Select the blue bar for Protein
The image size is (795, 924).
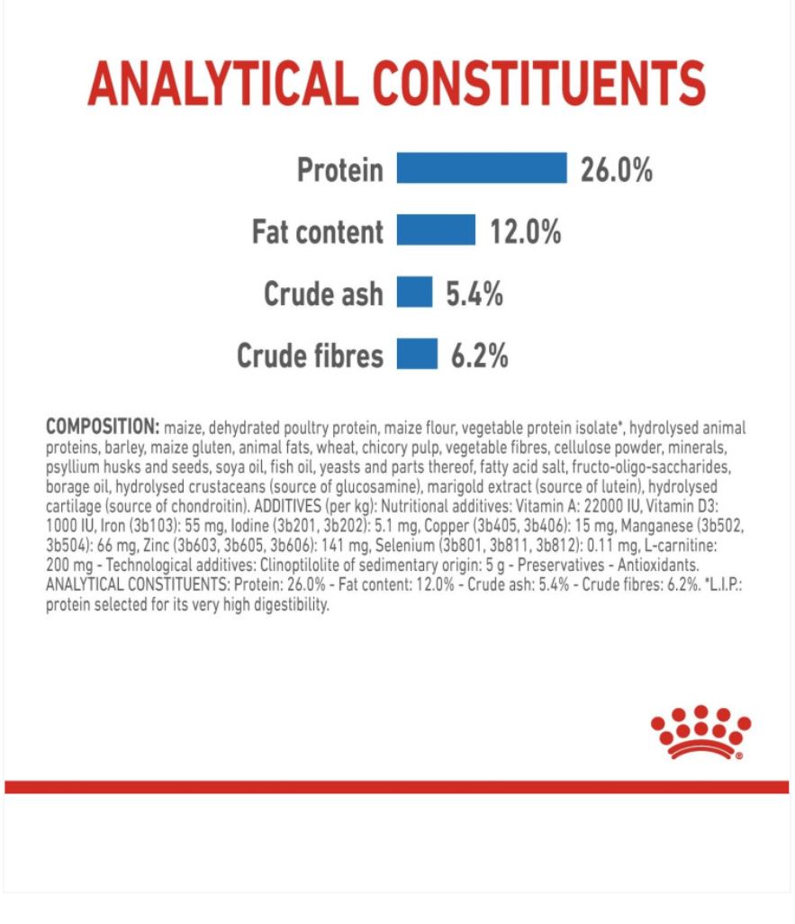482,168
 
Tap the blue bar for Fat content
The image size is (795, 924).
436,231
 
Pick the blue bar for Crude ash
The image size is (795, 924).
414,293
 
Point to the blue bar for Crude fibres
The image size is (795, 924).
417,355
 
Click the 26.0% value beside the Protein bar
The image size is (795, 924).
617,169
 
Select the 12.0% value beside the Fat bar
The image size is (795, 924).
525,231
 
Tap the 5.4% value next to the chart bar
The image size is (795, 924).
474,294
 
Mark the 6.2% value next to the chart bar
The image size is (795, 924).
479,356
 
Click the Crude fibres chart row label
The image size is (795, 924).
310,356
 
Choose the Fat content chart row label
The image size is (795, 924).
317,232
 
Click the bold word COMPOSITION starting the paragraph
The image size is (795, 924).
102,427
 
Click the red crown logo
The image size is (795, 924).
700,731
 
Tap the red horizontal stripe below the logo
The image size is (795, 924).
396,787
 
